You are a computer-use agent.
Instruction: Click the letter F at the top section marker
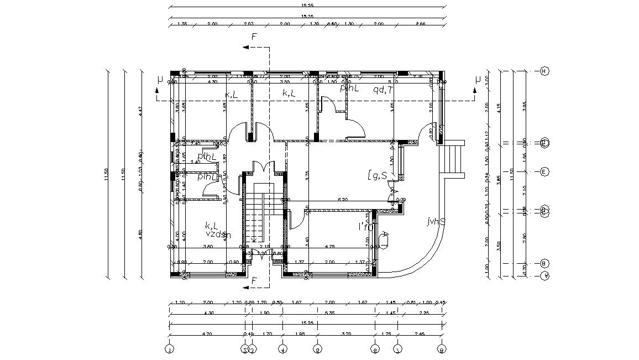point(254,37)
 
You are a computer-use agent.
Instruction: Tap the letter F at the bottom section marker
point(254,281)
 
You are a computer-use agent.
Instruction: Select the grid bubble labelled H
point(544,71)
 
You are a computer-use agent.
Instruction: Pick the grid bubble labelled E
point(544,171)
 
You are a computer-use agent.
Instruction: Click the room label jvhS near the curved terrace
point(436,221)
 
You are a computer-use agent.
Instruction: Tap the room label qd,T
point(383,90)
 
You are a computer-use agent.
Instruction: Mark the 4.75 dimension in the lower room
point(331,246)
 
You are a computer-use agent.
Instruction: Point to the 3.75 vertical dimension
point(307,175)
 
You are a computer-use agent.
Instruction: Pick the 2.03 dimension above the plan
point(248,24)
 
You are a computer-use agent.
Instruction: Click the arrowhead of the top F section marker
point(244,48)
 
